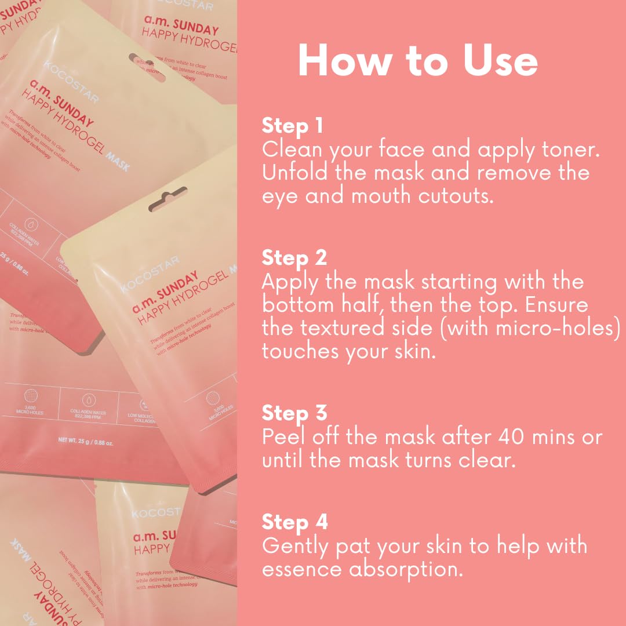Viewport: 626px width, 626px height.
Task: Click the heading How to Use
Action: coord(417,60)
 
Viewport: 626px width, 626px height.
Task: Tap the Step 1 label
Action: coord(294,126)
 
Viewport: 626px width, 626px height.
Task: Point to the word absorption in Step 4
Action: coord(406,569)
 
